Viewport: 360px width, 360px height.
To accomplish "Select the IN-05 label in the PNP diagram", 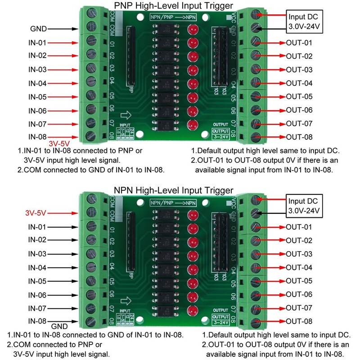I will [x=37, y=97].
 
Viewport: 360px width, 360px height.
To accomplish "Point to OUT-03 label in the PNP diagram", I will [x=299, y=70].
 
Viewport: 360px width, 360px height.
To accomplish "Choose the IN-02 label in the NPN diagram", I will [x=37, y=240].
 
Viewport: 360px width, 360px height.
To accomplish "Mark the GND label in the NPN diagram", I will [x=59, y=326].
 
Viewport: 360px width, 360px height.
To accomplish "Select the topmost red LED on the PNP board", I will [x=194, y=30].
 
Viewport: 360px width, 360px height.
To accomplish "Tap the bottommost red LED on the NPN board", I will [x=194, y=311].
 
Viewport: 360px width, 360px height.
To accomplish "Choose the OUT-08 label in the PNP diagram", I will [x=299, y=137].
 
